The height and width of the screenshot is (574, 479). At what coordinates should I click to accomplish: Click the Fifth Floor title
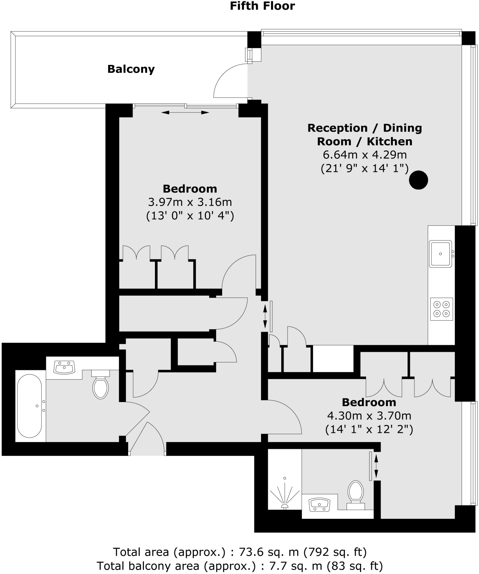coord(262,6)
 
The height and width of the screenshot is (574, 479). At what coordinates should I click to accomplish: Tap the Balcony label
coord(131,69)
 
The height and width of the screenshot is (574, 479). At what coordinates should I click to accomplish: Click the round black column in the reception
coord(418,180)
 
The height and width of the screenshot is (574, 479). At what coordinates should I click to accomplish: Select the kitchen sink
coord(440,254)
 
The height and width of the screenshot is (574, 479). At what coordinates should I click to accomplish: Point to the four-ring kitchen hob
coord(441,309)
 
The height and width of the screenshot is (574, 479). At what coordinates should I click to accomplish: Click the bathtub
coord(29,406)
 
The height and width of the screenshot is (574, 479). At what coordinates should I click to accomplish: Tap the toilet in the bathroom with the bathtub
coord(101,386)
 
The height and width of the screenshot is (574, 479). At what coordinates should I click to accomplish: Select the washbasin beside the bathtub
coord(64,367)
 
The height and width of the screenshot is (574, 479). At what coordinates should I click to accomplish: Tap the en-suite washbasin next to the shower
coord(319,505)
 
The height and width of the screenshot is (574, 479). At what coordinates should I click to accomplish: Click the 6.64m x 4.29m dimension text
coord(365,155)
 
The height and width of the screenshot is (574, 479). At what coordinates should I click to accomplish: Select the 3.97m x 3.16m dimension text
coord(190,202)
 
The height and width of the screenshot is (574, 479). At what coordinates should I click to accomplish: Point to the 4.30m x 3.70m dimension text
coord(369,416)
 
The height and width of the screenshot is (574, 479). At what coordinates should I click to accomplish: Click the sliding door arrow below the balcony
coord(185,113)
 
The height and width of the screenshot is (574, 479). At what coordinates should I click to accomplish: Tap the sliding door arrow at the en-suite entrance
coord(376,466)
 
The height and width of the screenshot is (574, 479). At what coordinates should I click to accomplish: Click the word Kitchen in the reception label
coord(389,142)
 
